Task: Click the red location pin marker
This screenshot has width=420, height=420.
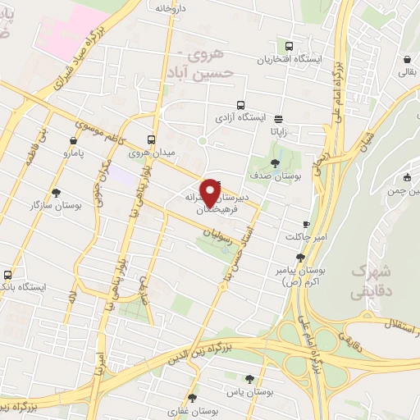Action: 211,191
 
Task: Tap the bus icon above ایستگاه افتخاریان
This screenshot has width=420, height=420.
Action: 288,46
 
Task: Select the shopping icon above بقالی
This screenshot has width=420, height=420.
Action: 407,59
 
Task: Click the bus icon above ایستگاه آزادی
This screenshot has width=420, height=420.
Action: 240,104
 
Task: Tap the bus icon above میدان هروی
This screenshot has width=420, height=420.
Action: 151,139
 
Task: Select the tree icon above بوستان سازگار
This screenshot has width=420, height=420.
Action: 56,193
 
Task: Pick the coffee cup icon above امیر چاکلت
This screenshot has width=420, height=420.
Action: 306,224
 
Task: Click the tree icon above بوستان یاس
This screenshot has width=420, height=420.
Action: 249,378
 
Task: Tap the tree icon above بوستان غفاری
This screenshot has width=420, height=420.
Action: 191,395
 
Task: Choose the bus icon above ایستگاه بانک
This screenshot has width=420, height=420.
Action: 8,274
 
